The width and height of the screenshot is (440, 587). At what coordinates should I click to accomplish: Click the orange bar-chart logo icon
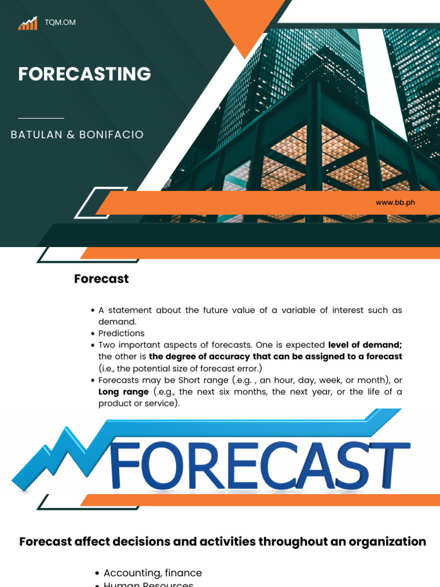coord(27,23)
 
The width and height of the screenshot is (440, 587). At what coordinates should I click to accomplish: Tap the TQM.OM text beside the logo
coord(60,22)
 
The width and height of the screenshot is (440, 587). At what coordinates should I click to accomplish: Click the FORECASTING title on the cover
coord(85,74)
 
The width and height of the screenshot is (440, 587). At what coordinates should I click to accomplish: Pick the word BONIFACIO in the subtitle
coord(112,135)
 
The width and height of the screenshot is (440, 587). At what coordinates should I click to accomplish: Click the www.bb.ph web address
coord(395,202)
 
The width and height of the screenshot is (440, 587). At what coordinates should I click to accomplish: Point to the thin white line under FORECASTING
coord(41,118)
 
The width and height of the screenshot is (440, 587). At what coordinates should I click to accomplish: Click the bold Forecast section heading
coord(101,279)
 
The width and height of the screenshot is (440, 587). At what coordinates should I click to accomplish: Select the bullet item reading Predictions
coord(121,333)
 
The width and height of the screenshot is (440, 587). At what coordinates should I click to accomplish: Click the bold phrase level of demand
coord(365,345)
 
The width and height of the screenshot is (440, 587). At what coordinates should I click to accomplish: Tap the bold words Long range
coord(123,392)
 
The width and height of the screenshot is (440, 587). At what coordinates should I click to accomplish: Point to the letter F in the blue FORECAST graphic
coord(125,465)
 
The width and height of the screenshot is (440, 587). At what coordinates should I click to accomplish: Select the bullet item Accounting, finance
coord(152,573)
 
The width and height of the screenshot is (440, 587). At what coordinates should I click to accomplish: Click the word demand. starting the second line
coord(117,322)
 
